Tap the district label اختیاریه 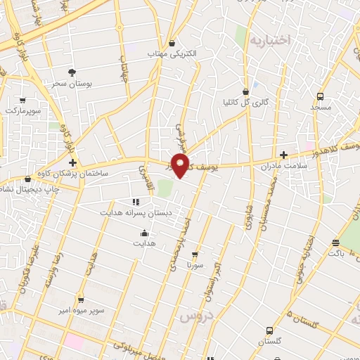269,40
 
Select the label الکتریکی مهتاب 172,53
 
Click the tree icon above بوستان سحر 71,72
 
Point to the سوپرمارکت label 24,111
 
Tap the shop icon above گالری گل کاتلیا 245,91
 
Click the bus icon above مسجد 320,96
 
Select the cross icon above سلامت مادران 283,155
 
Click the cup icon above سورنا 195,255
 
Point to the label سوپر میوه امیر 82,309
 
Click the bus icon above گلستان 269,330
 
